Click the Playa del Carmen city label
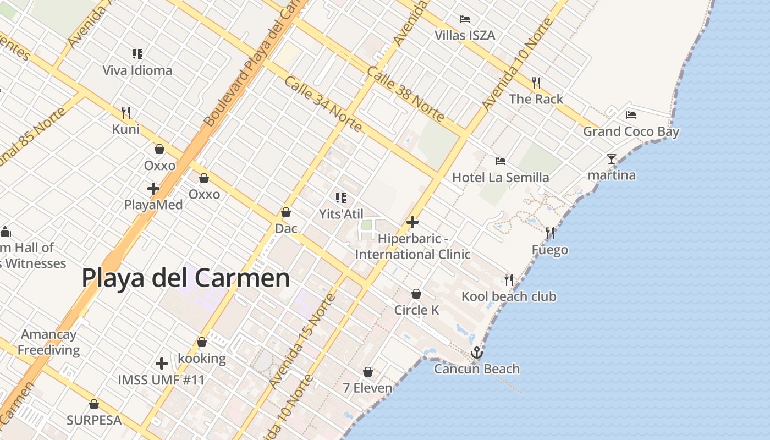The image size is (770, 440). click(186, 278)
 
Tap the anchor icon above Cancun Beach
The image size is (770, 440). click(476, 353)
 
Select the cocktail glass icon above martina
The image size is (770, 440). click(612, 159)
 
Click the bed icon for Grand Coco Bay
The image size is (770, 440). click(631, 115)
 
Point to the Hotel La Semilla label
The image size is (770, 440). click(500, 177)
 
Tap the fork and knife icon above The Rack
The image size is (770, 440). click(536, 83)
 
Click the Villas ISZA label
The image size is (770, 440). click(465, 36)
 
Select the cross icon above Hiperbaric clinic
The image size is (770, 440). click(413, 222)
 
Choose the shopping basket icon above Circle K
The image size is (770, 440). click(416, 294)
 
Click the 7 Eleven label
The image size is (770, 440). click(367, 388)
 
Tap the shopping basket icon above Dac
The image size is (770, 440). click(286, 212)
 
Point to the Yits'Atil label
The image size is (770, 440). click(341, 213)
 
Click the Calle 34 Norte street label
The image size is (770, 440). click(323, 104)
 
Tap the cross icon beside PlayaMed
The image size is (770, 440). click(153, 189)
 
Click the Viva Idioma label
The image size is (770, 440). click(137, 70)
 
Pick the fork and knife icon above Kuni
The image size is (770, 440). click(126, 113)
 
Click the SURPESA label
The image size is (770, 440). click(94, 420)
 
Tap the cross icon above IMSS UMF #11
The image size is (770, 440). click(162, 364)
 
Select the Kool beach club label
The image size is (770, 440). click(509, 296)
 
